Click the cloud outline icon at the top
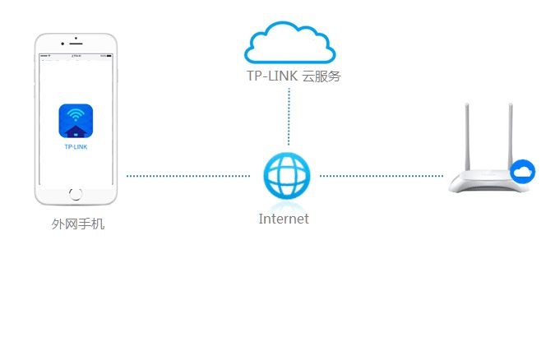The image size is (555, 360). pyautogui.click(x=289, y=43)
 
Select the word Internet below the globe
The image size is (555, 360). pyautogui.click(x=284, y=219)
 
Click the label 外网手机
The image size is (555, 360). pyautogui.click(x=78, y=224)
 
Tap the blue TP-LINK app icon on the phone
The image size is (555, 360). pyautogui.click(x=76, y=120)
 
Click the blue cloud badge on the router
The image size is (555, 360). pyautogui.click(x=522, y=172)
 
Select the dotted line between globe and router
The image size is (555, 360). pyautogui.click(x=381, y=176)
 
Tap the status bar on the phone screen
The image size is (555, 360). pyautogui.click(x=76, y=58)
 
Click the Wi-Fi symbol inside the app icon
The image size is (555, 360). pyautogui.click(x=76, y=114)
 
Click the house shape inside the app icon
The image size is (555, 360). pyautogui.click(x=76, y=129)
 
